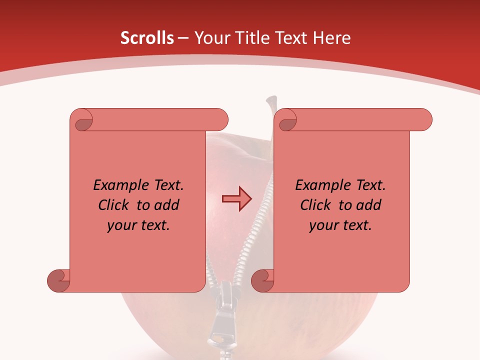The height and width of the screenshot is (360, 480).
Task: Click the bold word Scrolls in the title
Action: pos(147,38)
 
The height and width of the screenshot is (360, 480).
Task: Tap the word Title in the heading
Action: pos(250,38)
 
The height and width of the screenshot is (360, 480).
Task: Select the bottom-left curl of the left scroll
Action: pos(59,280)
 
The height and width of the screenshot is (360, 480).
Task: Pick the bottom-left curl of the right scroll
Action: pos(263,280)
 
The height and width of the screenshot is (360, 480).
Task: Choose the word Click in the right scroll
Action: pos(316,205)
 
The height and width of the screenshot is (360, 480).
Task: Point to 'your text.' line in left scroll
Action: pos(138,225)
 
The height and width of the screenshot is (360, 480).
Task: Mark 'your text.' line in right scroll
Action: pos(340,225)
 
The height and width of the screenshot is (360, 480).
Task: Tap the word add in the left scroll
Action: pos(166,205)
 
